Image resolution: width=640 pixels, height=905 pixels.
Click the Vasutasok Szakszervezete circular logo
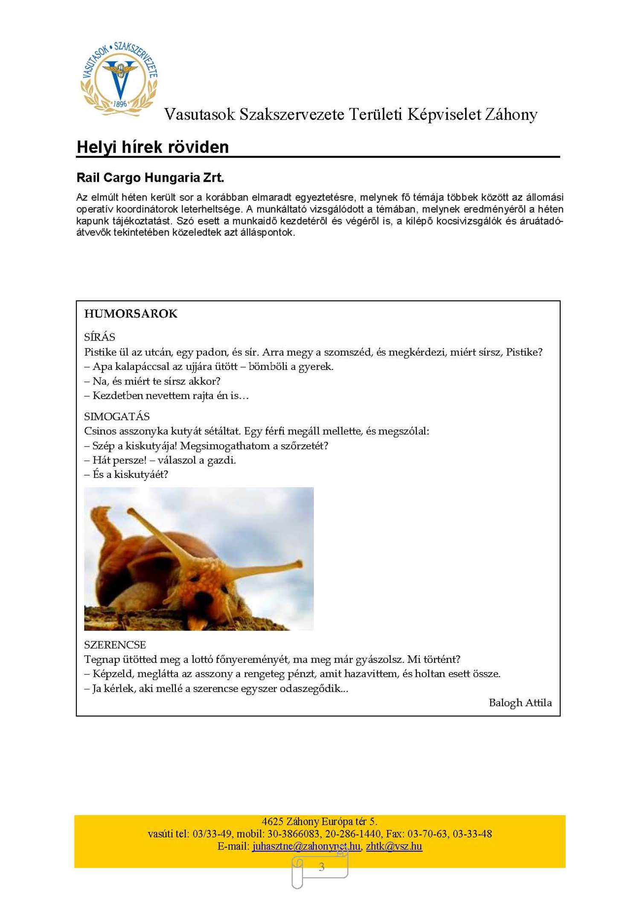click(x=119, y=79)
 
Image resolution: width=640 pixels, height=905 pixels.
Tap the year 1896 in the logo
click(x=120, y=104)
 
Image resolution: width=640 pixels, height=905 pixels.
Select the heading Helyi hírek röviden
click(x=152, y=147)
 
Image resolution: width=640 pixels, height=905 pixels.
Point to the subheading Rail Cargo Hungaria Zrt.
click(x=150, y=178)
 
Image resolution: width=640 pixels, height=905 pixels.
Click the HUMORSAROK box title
click(x=131, y=314)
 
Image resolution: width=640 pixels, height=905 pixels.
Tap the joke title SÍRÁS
click(x=99, y=337)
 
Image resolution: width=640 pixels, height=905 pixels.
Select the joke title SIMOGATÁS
click(x=116, y=416)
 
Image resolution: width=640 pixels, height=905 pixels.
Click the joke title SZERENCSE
click(x=115, y=645)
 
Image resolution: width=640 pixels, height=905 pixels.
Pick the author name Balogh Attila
click(x=520, y=703)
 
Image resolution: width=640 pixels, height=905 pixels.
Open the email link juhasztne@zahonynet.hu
click(x=306, y=846)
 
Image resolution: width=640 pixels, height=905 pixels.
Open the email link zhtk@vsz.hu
click(x=394, y=846)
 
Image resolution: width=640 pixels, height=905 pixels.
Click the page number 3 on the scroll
click(x=321, y=867)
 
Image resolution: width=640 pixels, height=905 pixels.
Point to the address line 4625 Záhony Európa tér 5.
click(x=319, y=821)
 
